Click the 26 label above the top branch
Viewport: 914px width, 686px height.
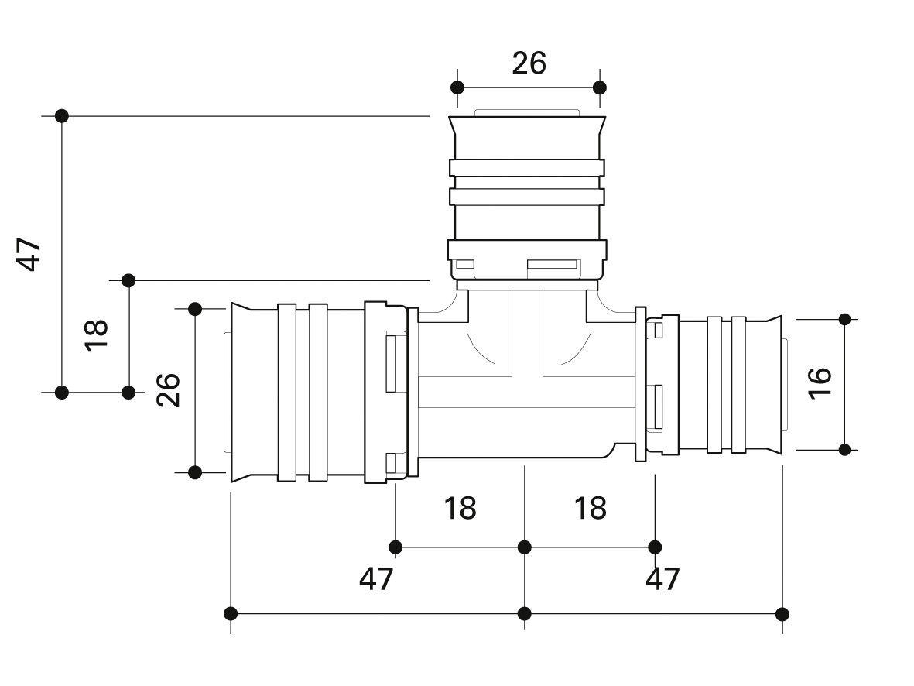coord(529,63)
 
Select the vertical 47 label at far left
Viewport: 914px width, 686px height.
coord(30,254)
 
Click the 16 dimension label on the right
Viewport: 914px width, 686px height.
coord(819,382)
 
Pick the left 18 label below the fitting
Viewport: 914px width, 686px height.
coord(460,509)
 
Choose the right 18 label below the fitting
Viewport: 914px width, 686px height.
coord(590,509)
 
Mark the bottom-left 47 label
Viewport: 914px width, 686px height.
coord(377,578)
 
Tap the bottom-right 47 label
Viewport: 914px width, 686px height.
coord(663,578)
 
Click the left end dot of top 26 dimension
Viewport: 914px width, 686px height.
coord(457,87)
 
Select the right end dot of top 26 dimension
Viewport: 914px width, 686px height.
coord(599,87)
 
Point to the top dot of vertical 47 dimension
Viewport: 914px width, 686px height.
coord(62,116)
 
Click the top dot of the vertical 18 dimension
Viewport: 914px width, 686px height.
coord(128,280)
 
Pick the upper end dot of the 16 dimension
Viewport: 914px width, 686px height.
coord(844,319)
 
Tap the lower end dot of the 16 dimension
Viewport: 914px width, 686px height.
coord(844,449)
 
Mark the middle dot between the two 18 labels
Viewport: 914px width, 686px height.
coord(525,547)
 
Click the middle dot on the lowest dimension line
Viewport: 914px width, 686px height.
coord(525,614)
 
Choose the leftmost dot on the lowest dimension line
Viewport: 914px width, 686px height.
coord(231,614)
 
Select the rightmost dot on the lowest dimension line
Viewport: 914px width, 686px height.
coord(782,614)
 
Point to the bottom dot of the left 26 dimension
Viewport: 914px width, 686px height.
coord(195,472)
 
